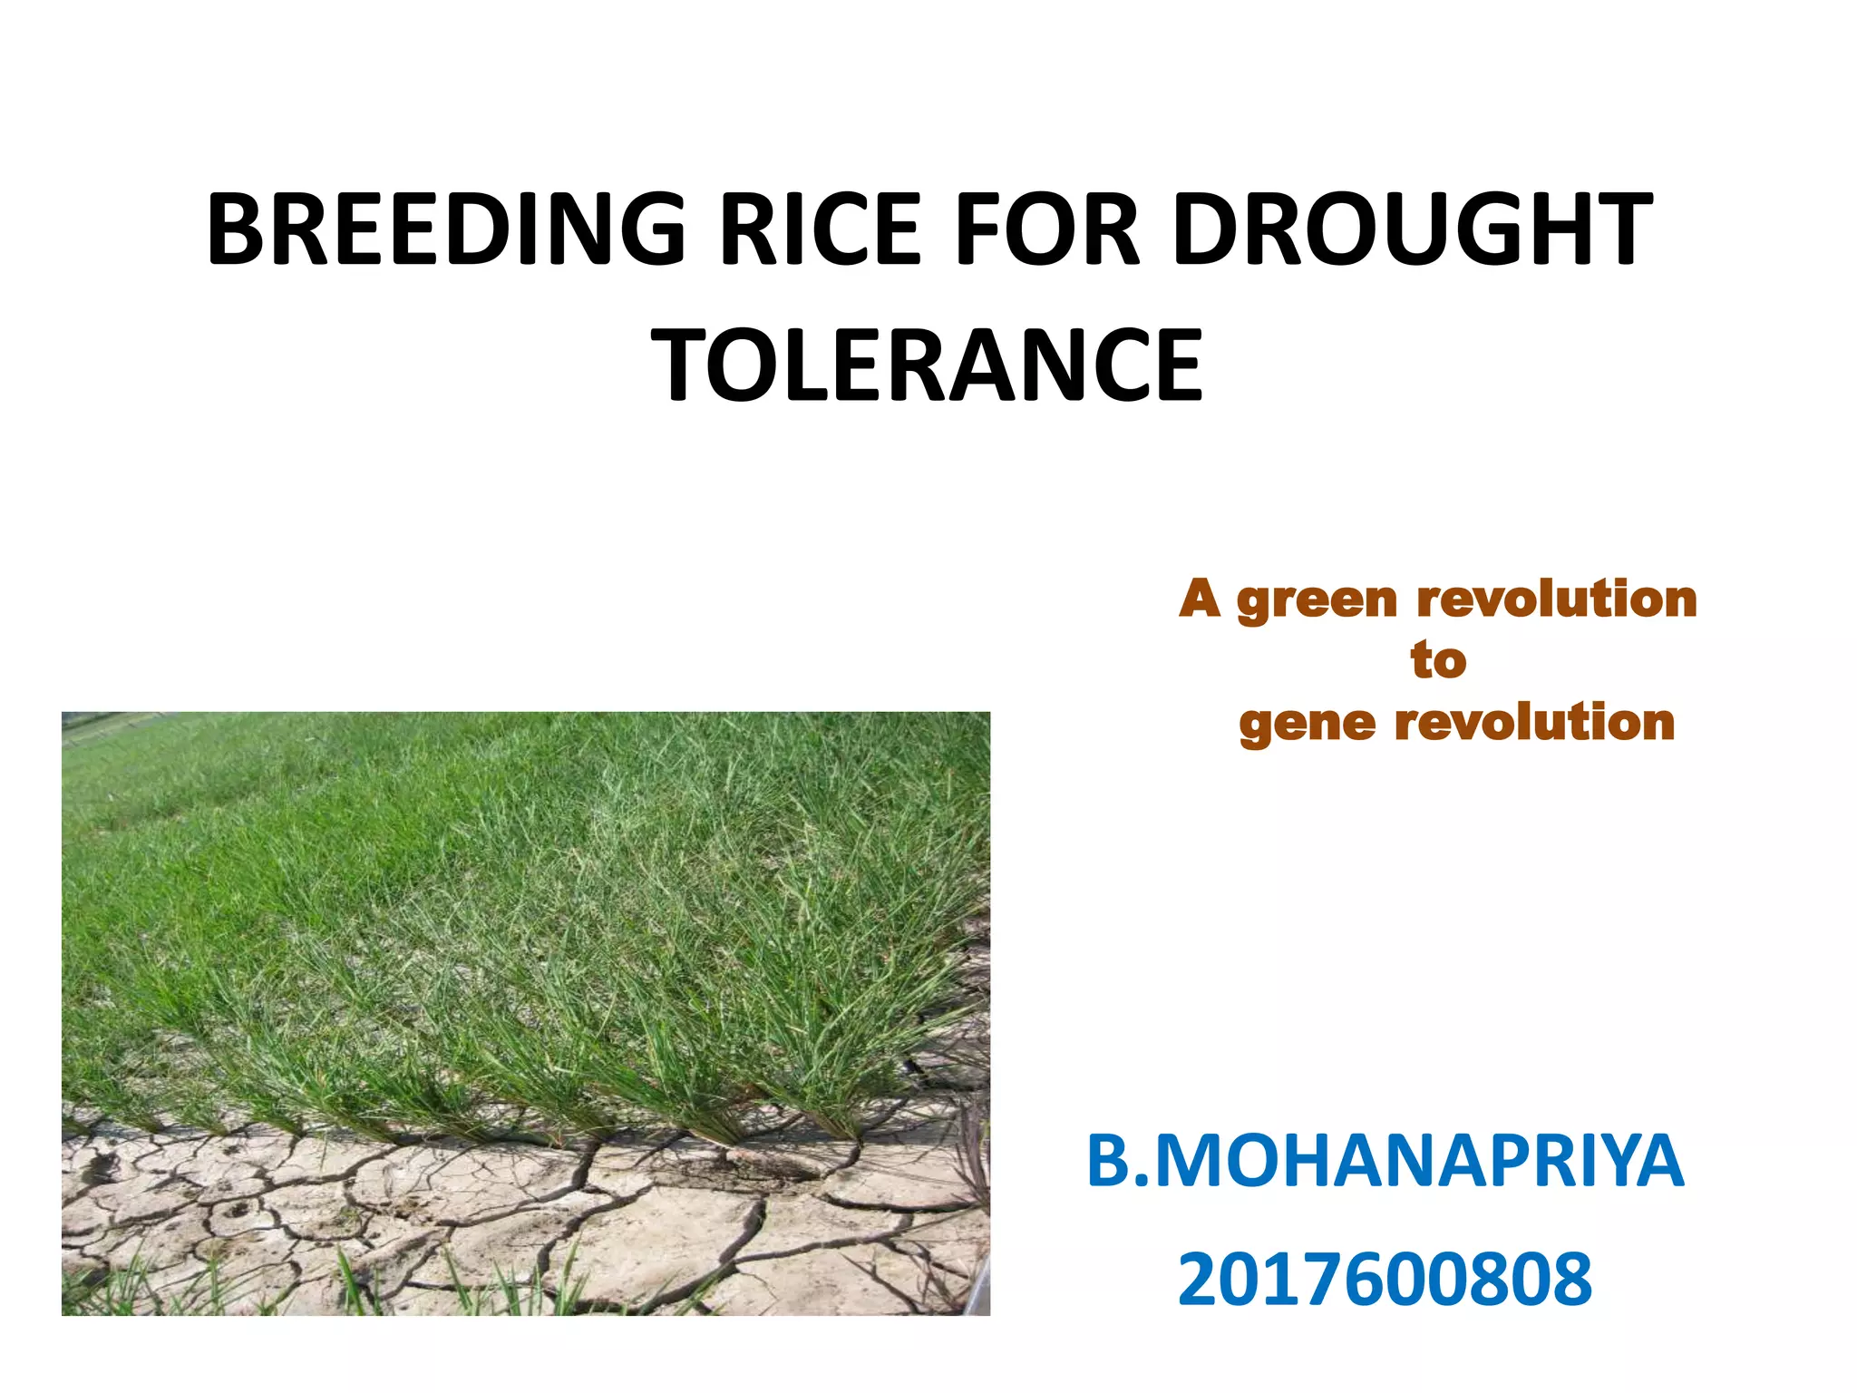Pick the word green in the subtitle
pyautogui.click(x=1317, y=600)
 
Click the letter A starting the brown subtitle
pyautogui.click(x=1200, y=599)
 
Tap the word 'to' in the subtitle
pyautogui.click(x=1438, y=660)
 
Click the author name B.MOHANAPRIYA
pyautogui.click(x=1385, y=1162)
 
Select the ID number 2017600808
pyautogui.click(x=1385, y=1279)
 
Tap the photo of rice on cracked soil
pyautogui.click(x=526, y=1013)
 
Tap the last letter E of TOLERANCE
pyautogui.click(x=1177, y=365)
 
